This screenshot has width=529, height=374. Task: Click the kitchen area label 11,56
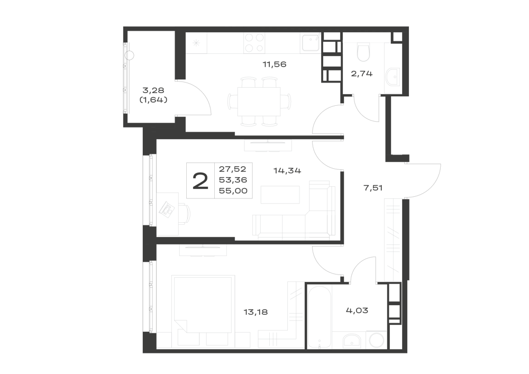coord(274,64)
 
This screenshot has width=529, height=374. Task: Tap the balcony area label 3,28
coord(153,90)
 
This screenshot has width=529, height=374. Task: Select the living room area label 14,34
coord(287,171)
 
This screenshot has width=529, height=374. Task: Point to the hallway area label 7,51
coord(373,188)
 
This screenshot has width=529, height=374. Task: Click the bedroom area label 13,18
coord(256,312)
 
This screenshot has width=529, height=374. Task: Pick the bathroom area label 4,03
coord(357,311)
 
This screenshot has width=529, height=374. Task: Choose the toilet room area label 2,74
coord(362,74)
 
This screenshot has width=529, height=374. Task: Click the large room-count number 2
coord(200,181)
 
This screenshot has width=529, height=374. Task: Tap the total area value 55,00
coord(233,191)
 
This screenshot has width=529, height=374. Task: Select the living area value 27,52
coord(233,169)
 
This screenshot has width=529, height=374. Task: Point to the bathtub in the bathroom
coord(319,317)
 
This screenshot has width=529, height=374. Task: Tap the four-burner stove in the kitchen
coord(254,43)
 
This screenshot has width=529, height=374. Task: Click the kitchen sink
coord(311,43)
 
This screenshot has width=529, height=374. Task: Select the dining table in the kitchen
coord(259,101)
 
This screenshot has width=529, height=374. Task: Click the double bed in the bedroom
coord(204,311)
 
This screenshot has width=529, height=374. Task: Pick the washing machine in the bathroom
coord(376,340)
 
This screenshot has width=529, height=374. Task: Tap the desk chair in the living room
coord(184,214)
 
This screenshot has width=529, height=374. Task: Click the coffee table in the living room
coord(280,195)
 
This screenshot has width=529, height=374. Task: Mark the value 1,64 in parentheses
coord(153,100)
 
